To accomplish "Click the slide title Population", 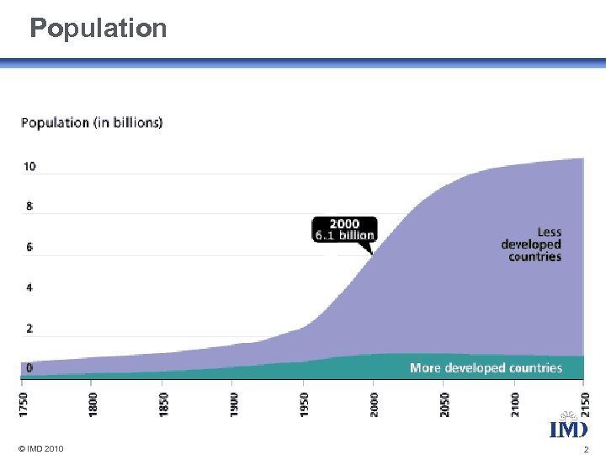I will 98,29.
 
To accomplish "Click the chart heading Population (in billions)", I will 92,122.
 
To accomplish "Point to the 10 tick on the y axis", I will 29,167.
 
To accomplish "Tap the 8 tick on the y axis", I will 29,206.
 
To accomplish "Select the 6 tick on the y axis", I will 29,247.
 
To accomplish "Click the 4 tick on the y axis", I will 29,287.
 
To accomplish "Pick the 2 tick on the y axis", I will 29,328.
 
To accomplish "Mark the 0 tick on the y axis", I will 29,368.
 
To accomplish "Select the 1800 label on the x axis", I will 93,399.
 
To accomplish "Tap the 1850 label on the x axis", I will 163,399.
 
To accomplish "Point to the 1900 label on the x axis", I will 234,399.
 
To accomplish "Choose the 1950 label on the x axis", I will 305,399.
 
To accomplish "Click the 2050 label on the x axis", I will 444,399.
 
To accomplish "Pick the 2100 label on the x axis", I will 515,399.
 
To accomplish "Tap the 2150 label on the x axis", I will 583,399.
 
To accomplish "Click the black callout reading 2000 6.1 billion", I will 344,229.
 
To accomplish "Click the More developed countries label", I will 486,368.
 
